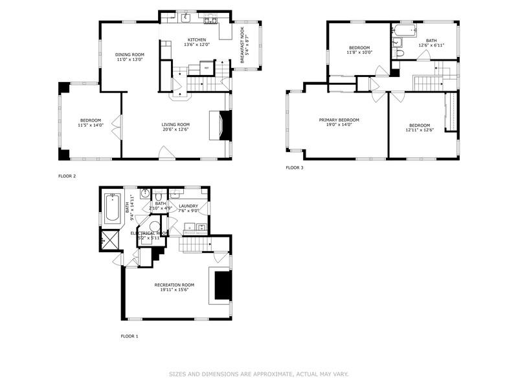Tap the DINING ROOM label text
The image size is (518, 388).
[129, 54]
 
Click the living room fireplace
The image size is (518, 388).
[223, 125]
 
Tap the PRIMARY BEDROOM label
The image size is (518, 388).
[339, 120]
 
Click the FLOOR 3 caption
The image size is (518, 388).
[295, 168]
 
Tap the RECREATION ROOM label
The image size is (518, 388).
[174, 285]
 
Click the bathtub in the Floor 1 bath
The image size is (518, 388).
[112, 209]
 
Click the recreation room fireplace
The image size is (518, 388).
[222, 286]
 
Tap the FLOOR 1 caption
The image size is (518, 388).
[130, 336]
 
